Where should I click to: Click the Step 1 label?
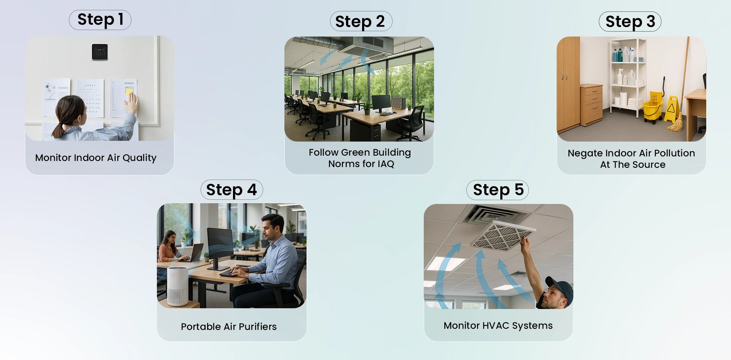100,20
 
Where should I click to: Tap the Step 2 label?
361,22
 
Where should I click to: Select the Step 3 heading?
630,22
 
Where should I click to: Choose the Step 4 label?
231,190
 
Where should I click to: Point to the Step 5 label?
498,190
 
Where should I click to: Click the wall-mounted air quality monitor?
100,52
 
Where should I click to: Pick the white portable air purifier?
177,286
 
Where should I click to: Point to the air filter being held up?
502,236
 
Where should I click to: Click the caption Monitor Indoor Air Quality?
96,158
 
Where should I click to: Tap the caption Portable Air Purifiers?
229,327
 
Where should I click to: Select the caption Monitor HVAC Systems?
498,326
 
